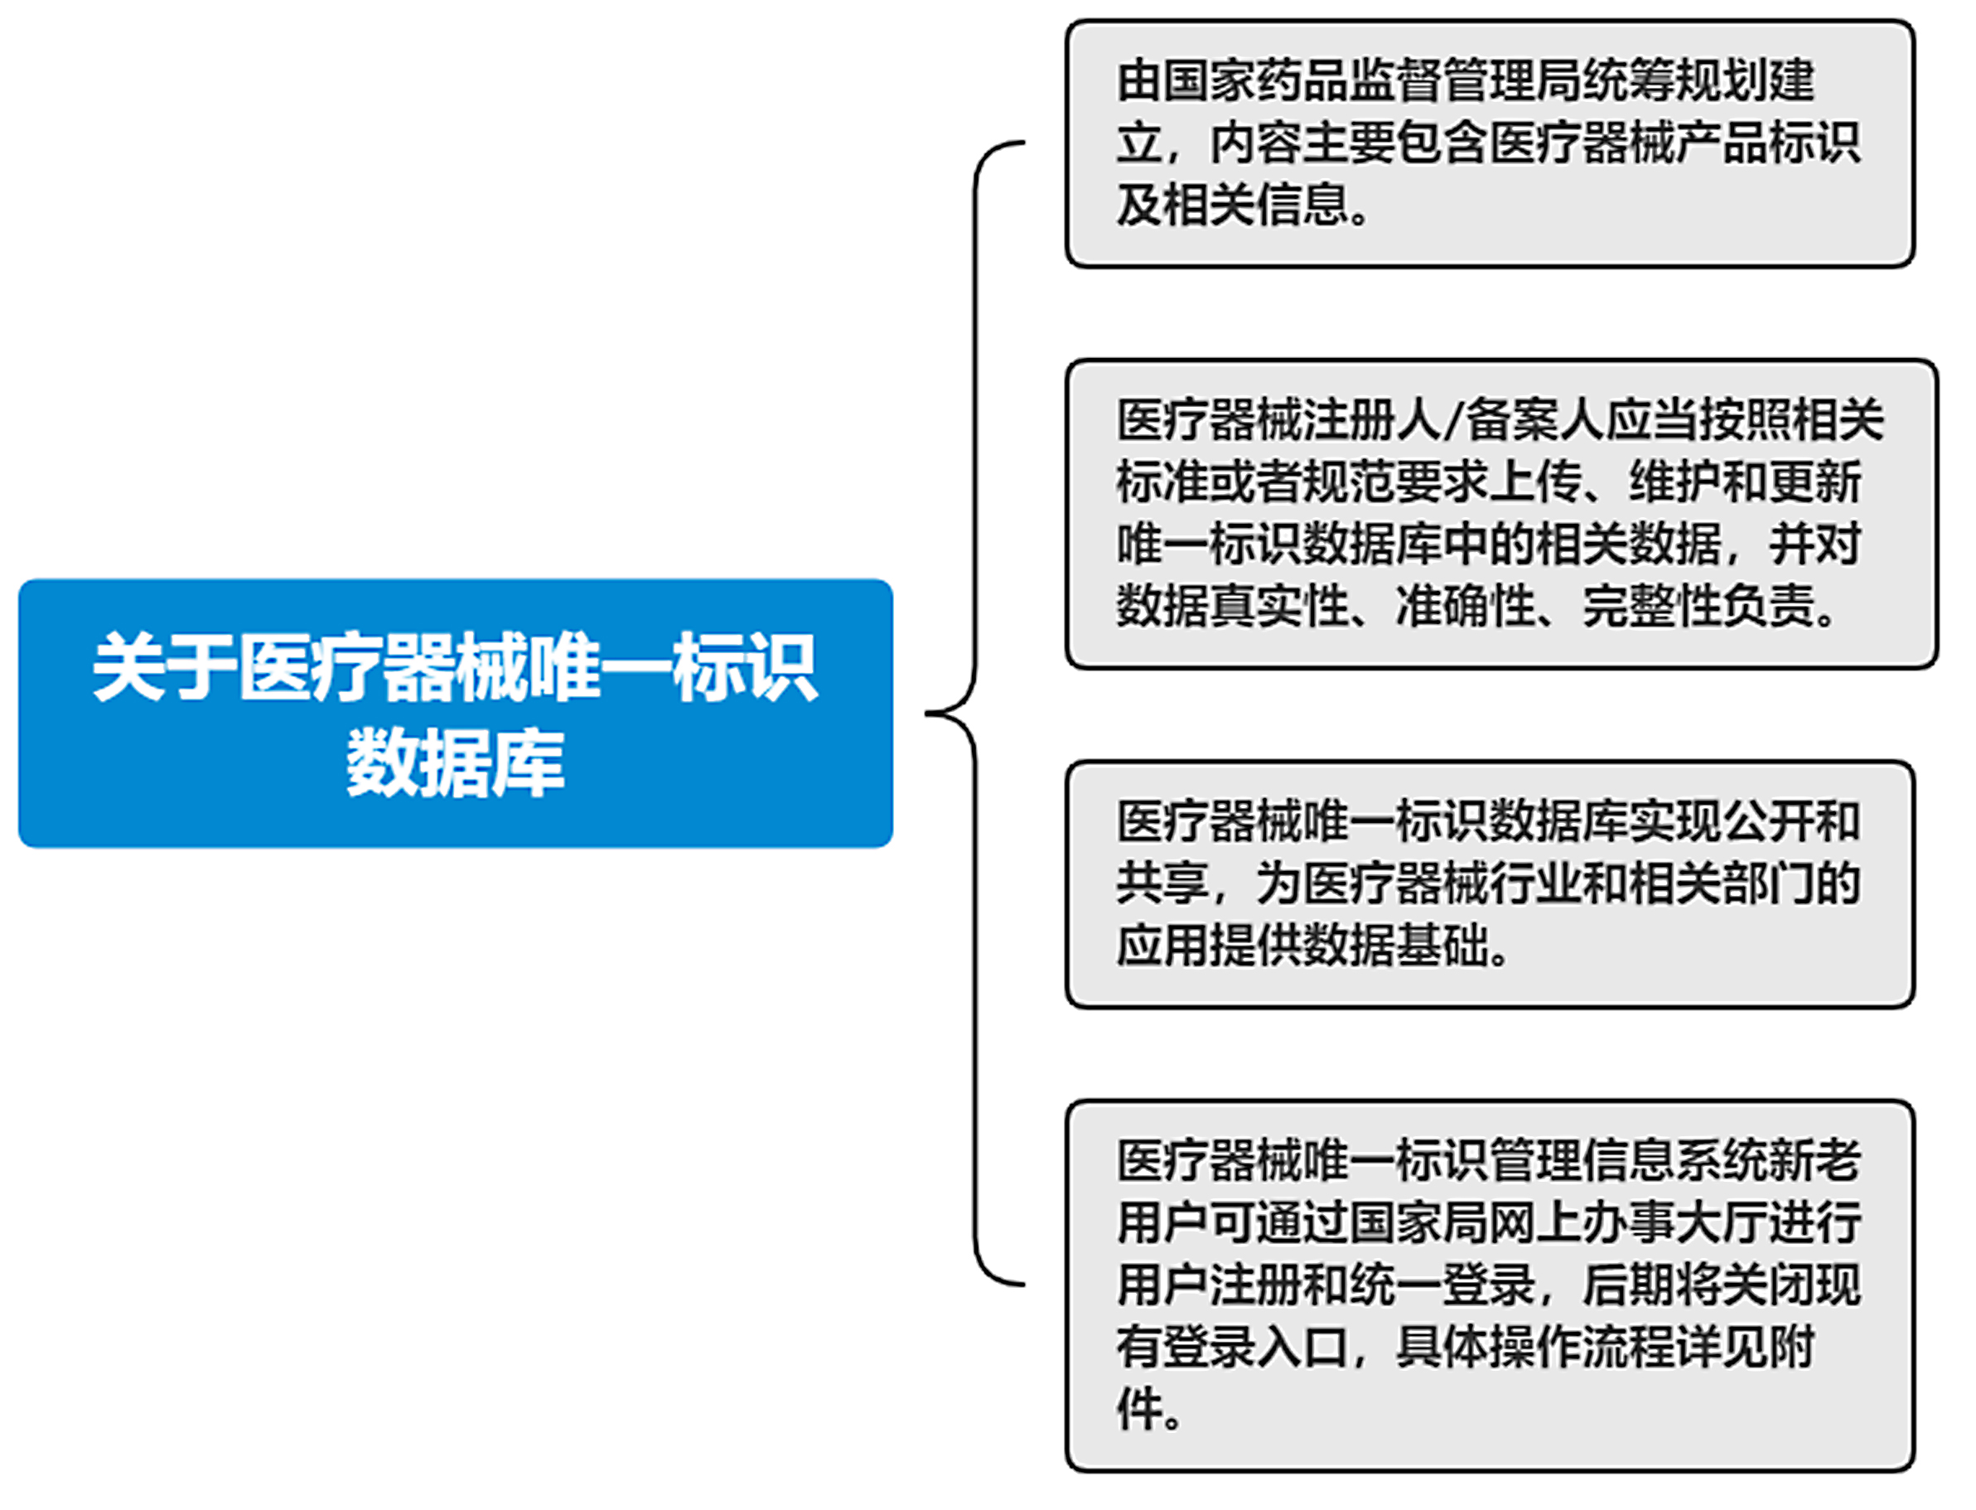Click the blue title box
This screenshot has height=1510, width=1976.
click(x=456, y=713)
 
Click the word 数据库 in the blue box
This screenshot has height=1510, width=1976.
click(x=456, y=762)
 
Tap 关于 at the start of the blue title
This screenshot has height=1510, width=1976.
click(x=164, y=667)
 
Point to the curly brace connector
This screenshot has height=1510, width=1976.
click(x=976, y=714)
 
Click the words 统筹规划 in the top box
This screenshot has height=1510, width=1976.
click(x=1678, y=81)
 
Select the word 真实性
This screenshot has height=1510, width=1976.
click(x=1279, y=606)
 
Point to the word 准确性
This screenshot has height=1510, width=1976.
click(x=1466, y=606)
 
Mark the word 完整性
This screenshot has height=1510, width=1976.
click(x=1651, y=606)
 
